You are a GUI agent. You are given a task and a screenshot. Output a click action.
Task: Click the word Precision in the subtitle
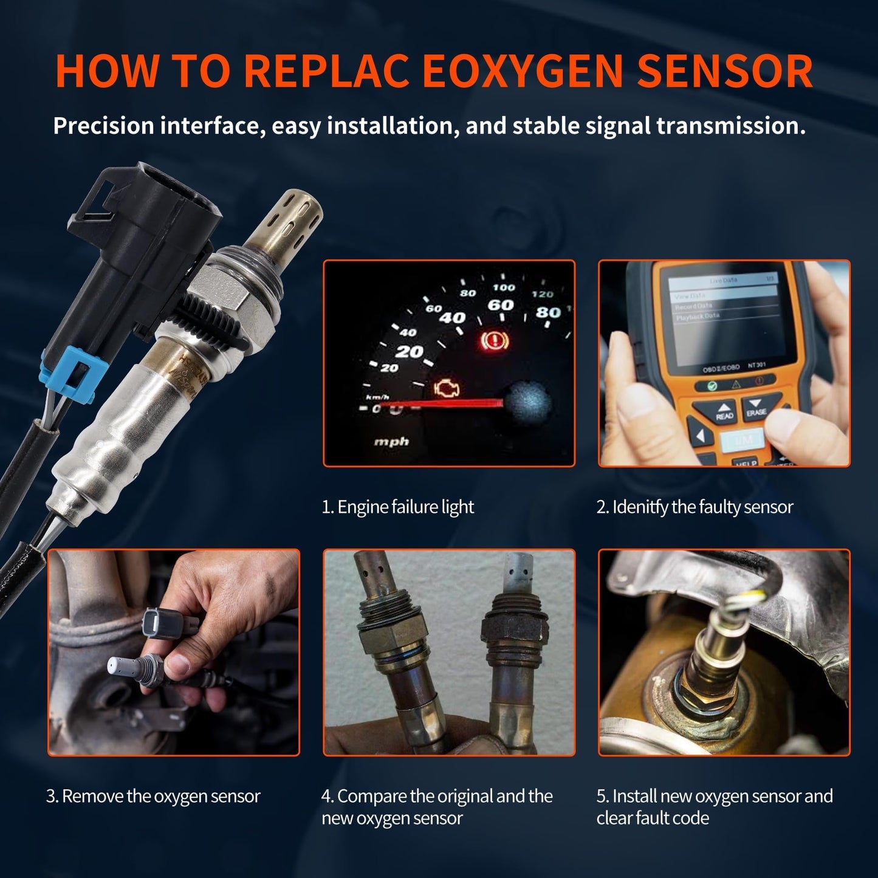(x=103, y=126)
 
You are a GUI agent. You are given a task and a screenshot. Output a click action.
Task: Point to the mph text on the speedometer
(x=391, y=442)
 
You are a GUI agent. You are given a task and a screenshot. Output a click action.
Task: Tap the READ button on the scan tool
(x=724, y=411)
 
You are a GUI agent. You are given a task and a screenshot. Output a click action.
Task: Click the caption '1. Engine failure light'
(x=397, y=507)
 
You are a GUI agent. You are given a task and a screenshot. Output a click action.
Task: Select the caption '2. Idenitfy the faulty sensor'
(x=695, y=507)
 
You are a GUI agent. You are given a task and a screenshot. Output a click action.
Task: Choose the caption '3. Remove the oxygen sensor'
(x=153, y=797)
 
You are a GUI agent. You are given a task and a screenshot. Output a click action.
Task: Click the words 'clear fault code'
(x=653, y=818)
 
